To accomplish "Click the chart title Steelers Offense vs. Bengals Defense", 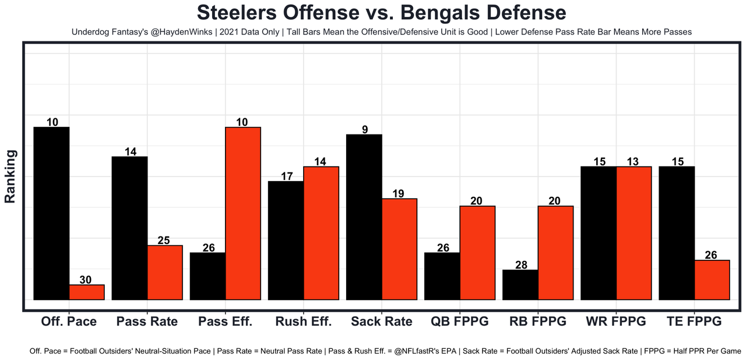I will tap(373, 13).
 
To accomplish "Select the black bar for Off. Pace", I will tap(52, 213).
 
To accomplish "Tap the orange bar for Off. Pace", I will tap(87, 292).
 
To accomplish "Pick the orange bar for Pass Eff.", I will tap(243, 213).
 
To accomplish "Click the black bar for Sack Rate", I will tap(364, 217).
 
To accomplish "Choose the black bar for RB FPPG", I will tap(520, 285).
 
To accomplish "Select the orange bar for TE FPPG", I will tap(712, 280).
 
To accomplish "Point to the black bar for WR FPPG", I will tap(599, 233).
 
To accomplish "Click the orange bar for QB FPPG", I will tap(478, 253).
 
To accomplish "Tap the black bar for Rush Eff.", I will tap(286, 241).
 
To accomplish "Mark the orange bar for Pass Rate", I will tap(165, 273).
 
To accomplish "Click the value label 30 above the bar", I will tap(86, 280).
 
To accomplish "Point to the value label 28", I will tap(521, 265).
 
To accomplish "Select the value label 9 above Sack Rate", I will tap(365, 129).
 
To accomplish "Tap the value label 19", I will tap(400, 193).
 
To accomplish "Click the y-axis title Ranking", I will tap(10, 176).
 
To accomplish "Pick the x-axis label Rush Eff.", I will tap(303, 322).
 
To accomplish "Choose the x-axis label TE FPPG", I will tap(694, 322).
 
